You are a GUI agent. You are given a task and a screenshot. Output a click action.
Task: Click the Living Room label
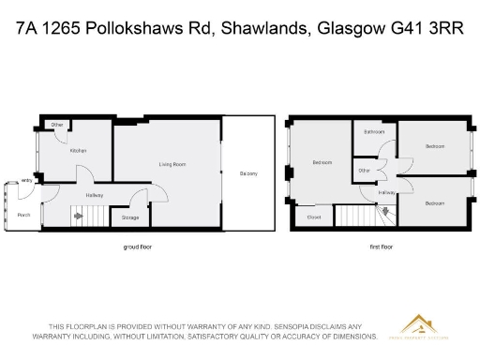click(x=172, y=164)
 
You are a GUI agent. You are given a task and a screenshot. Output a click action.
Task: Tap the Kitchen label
click(x=79, y=150)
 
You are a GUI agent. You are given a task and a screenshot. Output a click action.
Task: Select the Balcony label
click(x=248, y=173)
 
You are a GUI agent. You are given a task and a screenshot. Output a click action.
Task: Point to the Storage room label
click(x=130, y=217)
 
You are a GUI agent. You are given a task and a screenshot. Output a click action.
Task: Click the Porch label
click(x=24, y=215)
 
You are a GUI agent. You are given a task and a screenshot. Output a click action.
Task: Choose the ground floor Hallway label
click(x=95, y=195)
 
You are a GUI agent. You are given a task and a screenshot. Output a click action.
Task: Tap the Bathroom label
click(x=375, y=132)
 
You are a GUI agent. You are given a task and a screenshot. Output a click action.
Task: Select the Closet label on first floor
click(x=314, y=217)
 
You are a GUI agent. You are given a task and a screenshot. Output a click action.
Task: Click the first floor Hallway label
click(x=386, y=192)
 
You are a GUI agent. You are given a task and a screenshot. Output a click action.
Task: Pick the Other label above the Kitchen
click(x=57, y=125)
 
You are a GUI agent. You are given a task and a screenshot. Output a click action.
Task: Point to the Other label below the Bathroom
click(x=364, y=171)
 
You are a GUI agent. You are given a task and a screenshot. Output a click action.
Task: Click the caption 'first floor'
click(x=382, y=247)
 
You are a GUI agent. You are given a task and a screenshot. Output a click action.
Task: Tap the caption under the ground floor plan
click(x=138, y=247)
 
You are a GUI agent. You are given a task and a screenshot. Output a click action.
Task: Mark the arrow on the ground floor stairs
click(x=80, y=217)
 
